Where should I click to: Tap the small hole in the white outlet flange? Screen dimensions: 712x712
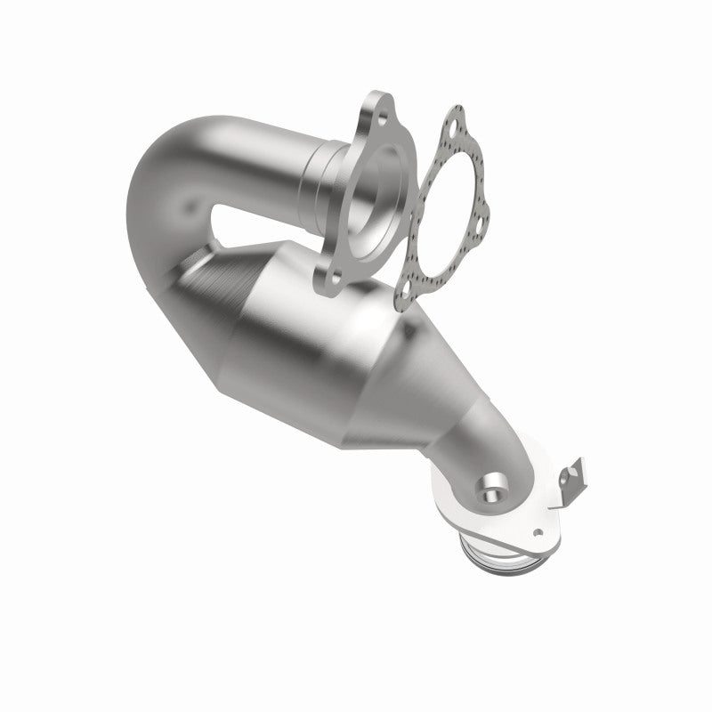coord(538,531)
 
